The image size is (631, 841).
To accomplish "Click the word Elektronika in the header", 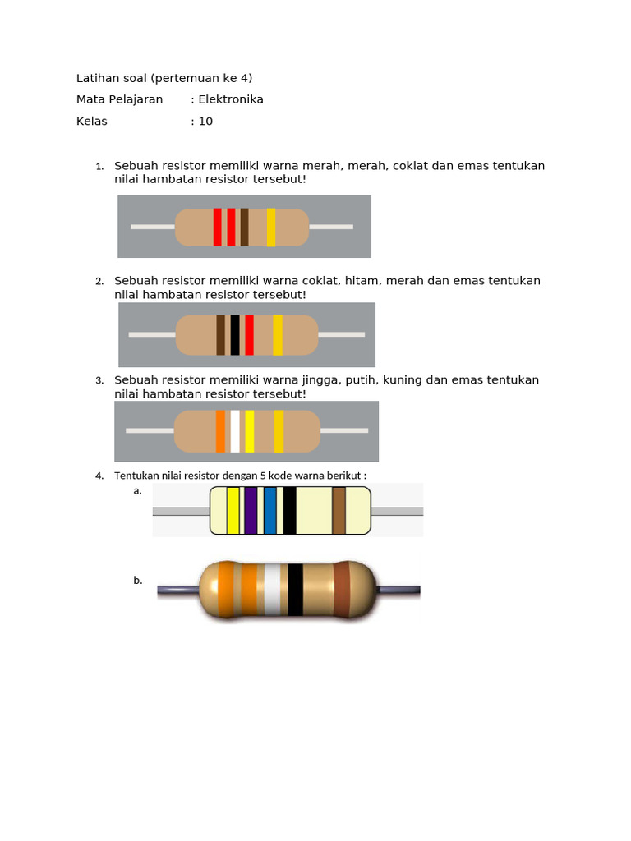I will (231, 99).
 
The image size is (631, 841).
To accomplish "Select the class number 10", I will (205, 121).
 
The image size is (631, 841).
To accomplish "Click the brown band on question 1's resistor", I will (244, 227).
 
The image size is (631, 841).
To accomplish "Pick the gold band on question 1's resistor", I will (270, 227).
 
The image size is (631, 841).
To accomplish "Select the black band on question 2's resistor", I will (235, 335).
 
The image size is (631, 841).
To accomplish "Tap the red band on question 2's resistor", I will (249, 335).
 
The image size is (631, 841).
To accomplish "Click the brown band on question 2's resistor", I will (220, 335).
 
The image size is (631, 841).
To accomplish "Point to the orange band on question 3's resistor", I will (220, 432).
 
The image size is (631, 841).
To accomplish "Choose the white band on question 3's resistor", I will (235, 432).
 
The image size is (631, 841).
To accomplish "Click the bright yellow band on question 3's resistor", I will (249, 432).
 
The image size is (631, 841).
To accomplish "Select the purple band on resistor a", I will (251, 510).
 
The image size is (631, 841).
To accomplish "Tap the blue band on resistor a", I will (269, 510).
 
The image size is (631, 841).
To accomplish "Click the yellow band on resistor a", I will (233, 510).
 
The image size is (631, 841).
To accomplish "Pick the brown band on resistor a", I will (339, 510).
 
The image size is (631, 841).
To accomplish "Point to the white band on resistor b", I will (272, 590).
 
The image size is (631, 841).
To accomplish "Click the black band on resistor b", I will (295, 590).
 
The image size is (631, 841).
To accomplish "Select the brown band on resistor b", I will (342, 590).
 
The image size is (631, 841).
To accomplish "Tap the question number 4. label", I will (99, 476).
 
